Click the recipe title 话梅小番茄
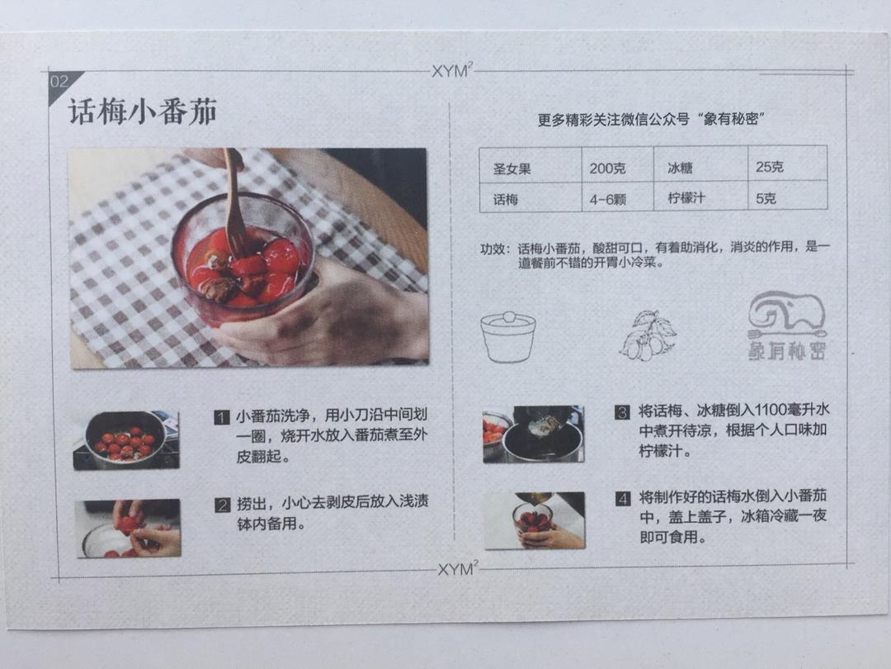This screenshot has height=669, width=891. click(x=142, y=112)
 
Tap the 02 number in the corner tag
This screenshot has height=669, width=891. click(x=59, y=82)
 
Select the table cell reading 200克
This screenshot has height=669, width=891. click(x=607, y=168)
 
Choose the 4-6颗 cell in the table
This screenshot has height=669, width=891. click(x=606, y=199)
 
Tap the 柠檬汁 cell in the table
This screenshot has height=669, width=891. click(x=686, y=199)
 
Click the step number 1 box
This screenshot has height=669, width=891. click(x=221, y=418)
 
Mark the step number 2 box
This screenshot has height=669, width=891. click(x=222, y=505)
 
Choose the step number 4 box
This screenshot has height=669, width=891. click(x=623, y=499)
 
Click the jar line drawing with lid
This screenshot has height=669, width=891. click(x=508, y=336)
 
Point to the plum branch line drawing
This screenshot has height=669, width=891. click(x=648, y=334)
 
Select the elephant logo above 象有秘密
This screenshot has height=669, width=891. click(x=786, y=316)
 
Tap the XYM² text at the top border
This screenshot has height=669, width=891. click(x=452, y=71)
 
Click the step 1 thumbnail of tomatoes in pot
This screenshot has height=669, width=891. click(x=125, y=440)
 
